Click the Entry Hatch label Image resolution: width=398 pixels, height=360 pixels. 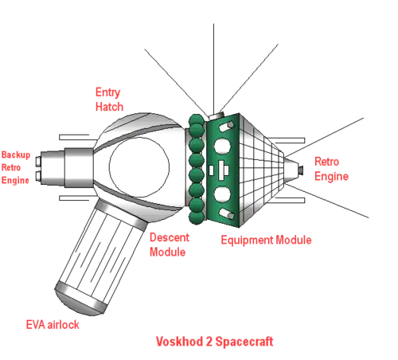(109, 100)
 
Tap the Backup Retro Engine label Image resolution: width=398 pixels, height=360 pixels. (16, 167)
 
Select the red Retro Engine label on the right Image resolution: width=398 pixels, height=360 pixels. (331, 169)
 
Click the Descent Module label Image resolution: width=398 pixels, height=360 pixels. (170, 245)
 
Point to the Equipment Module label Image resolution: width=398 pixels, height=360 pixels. (266, 240)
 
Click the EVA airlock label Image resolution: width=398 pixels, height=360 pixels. (53, 325)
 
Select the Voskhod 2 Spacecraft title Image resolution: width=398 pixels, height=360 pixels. (214, 342)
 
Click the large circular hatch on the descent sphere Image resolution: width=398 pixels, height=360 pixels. (139, 167)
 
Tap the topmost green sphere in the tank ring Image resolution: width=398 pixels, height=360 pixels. (197, 120)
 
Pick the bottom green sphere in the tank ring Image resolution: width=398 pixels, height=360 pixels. (197, 217)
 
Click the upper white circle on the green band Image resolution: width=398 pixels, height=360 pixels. (222, 147)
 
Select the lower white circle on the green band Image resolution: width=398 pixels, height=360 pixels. (222, 194)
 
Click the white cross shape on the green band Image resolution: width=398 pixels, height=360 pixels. (224, 170)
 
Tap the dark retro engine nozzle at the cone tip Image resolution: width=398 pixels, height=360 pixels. (301, 170)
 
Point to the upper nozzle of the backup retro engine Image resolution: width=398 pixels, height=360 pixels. (38, 161)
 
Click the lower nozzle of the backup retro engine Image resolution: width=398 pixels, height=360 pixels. (38, 176)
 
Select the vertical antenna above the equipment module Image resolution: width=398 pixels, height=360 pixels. (213, 68)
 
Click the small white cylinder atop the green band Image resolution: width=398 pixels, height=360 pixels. (216, 116)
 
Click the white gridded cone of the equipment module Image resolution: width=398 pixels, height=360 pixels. (261, 170)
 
